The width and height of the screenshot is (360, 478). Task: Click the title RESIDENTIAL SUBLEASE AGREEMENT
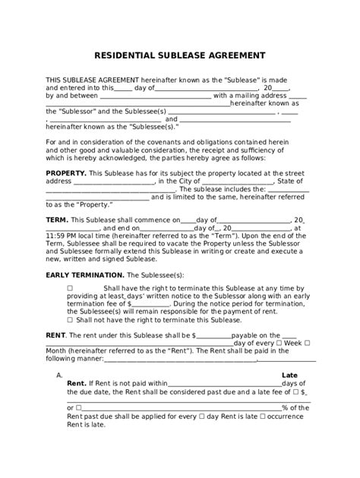click(179, 55)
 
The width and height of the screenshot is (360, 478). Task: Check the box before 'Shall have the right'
click(70, 288)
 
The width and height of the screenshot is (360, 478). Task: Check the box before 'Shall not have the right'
click(70, 319)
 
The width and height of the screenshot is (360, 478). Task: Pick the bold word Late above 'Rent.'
click(290, 375)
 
